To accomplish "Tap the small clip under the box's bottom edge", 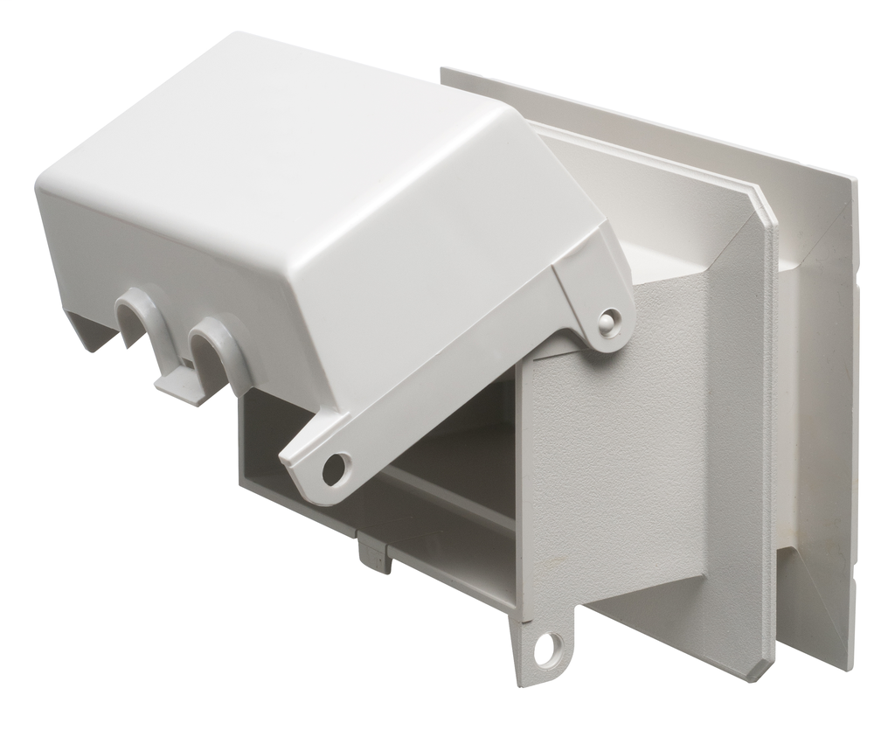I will click(375, 555).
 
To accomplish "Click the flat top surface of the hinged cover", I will click(288, 131).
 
